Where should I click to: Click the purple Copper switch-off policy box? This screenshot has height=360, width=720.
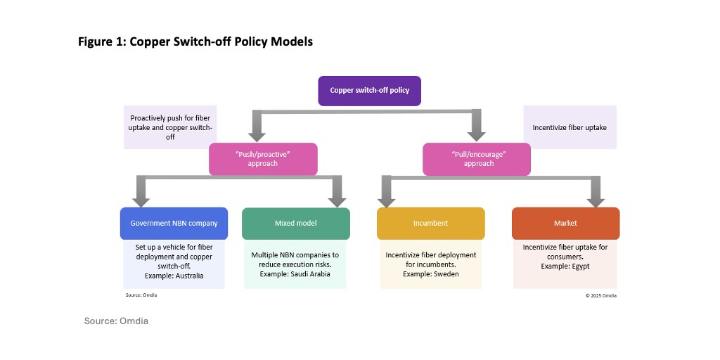click(x=370, y=91)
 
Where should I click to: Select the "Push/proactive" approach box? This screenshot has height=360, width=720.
click(x=263, y=159)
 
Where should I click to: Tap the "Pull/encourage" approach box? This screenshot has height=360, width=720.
click(x=476, y=159)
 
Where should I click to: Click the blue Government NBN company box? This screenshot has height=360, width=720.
click(x=174, y=224)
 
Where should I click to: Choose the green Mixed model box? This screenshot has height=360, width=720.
click(x=295, y=224)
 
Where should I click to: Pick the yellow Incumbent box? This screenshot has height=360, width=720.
click(x=430, y=224)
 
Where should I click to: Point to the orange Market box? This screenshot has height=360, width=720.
click(x=565, y=224)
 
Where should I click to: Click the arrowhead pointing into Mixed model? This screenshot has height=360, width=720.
click(x=337, y=200)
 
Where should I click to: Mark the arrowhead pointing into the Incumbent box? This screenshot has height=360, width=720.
click(x=385, y=200)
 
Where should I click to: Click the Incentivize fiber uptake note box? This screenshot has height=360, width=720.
click(x=570, y=127)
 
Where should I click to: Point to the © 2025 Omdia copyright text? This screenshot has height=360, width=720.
click(x=601, y=295)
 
